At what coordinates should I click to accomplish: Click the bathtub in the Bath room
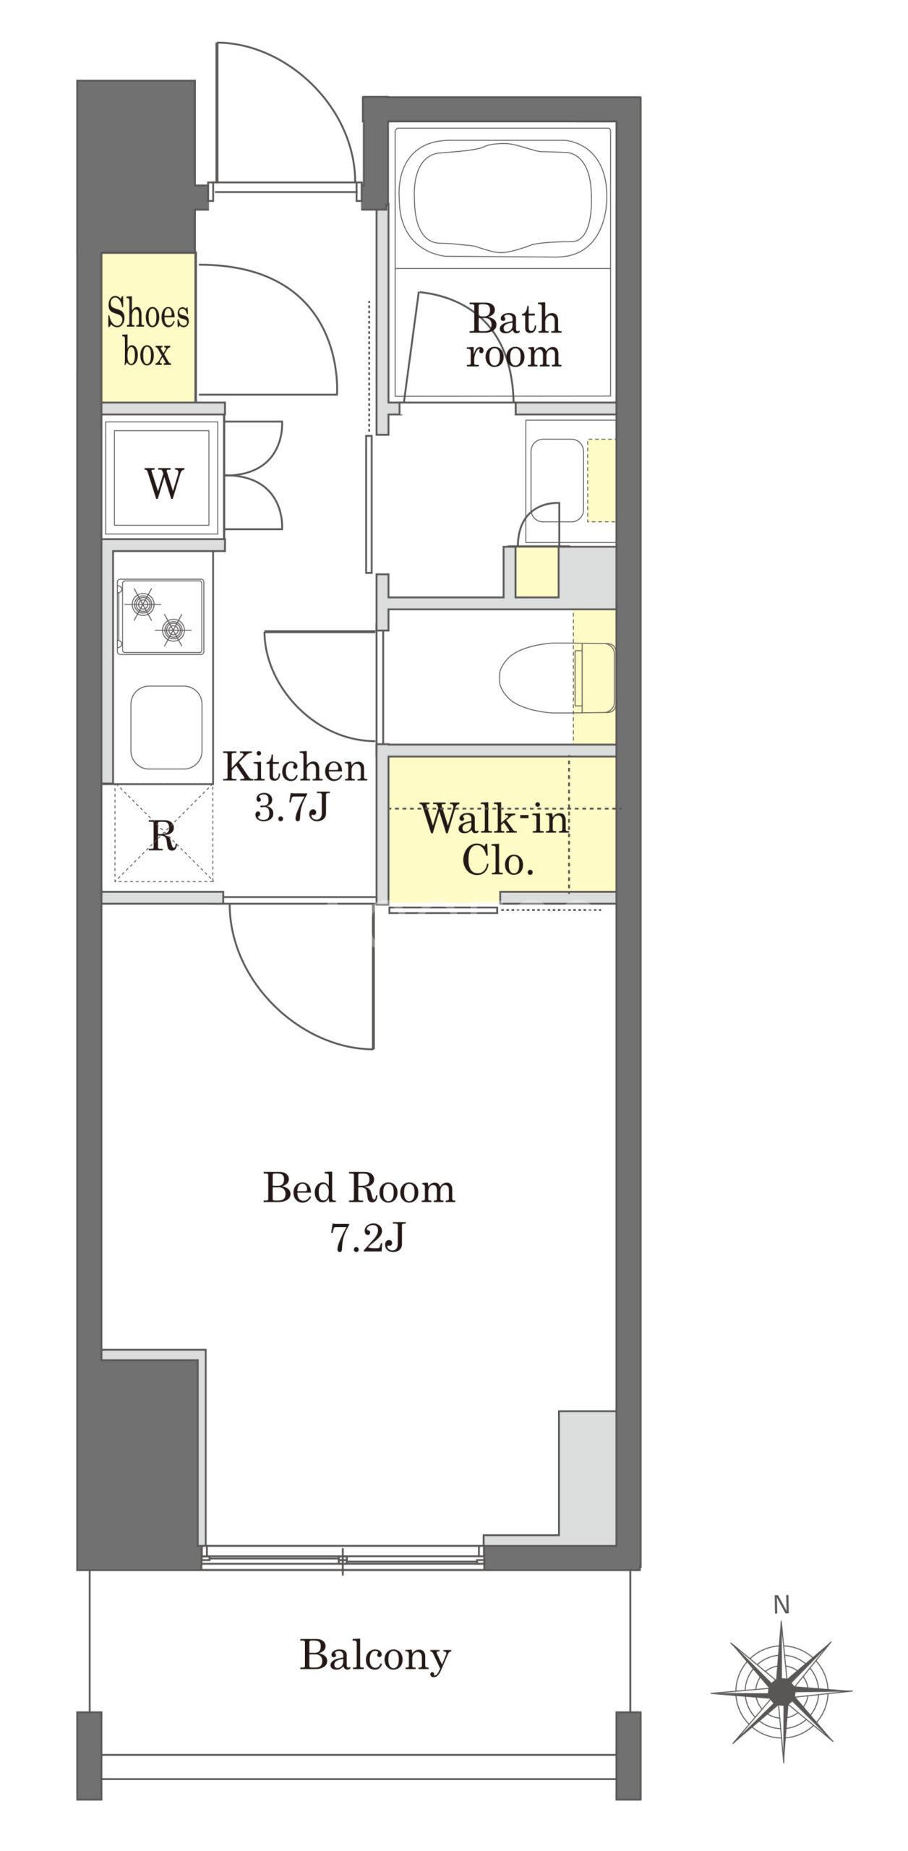(502, 197)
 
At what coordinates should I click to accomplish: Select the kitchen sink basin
(166, 727)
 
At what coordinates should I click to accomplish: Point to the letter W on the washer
(164, 483)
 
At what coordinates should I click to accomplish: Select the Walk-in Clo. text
(496, 839)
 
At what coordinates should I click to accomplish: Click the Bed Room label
(359, 1189)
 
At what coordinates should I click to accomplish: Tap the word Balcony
(375, 1656)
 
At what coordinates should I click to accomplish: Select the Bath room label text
(514, 337)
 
